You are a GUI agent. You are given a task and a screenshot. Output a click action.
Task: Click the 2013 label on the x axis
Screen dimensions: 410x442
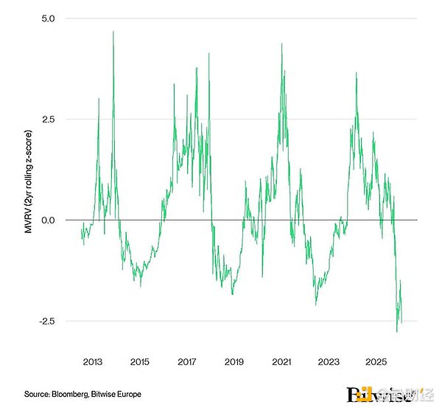(92, 362)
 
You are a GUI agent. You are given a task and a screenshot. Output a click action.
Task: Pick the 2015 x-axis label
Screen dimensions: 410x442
(139, 362)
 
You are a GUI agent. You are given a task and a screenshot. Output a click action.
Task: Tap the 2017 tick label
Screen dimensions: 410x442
(186, 362)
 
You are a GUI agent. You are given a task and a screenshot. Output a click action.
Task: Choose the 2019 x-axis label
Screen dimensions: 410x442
(234, 362)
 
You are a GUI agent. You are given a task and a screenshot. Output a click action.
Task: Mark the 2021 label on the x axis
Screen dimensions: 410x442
(281, 362)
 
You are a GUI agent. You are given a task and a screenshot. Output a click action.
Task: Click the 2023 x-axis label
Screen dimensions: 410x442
(329, 362)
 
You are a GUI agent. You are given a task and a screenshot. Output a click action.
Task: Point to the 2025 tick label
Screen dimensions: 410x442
(376, 362)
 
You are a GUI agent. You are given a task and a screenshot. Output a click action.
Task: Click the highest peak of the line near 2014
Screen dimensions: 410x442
(113, 31)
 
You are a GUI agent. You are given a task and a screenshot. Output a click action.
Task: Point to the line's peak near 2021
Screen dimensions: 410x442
(281, 44)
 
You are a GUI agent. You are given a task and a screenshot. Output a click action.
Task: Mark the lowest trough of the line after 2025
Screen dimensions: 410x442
(397, 332)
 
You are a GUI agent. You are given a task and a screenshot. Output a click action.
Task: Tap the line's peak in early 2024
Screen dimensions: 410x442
(356, 73)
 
